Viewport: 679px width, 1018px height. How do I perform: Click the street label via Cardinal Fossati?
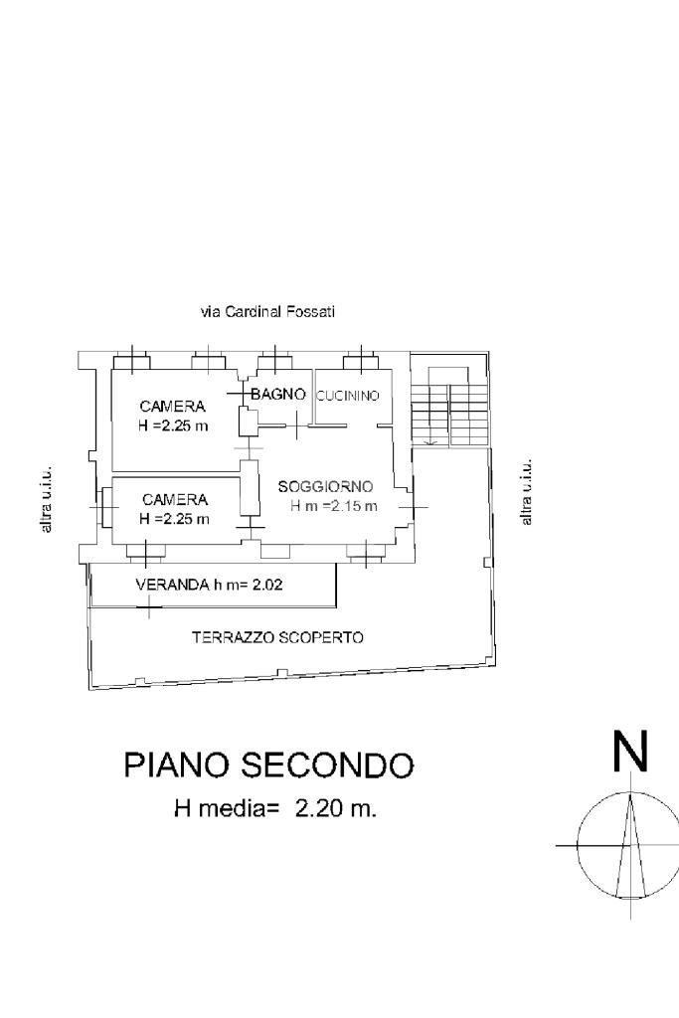[x=268, y=312]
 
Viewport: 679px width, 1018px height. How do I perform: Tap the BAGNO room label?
[x=278, y=394]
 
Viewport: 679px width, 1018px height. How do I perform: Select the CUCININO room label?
[x=347, y=396]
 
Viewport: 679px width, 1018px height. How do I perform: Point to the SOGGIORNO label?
[x=325, y=486]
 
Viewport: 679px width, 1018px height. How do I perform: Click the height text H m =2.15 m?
[x=334, y=506]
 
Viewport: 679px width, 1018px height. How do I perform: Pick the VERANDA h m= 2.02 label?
[x=209, y=585]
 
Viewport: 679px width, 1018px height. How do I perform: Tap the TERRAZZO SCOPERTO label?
[x=277, y=637]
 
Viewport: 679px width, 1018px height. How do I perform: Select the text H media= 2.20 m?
[x=275, y=809]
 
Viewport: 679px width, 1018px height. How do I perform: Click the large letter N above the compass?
[x=630, y=752]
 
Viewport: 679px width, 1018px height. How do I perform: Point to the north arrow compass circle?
[x=577, y=846]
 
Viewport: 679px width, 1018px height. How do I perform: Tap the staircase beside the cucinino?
[x=448, y=407]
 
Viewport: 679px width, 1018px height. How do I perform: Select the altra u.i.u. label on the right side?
[x=527, y=491]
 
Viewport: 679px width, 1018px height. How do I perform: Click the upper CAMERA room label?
[x=173, y=407]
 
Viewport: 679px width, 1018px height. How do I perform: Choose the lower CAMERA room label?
[x=175, y=500]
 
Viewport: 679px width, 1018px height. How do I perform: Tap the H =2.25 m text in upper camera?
[x=173, y=426]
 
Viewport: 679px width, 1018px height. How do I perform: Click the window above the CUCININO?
[x=360, y=361]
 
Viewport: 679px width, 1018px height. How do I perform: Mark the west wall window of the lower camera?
[x=103, y=506]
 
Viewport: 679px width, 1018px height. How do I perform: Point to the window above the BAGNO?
[x=275, y=361]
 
